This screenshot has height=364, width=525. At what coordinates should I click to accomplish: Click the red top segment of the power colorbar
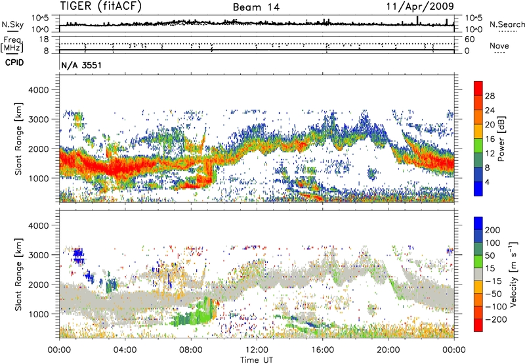coord(478,89)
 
